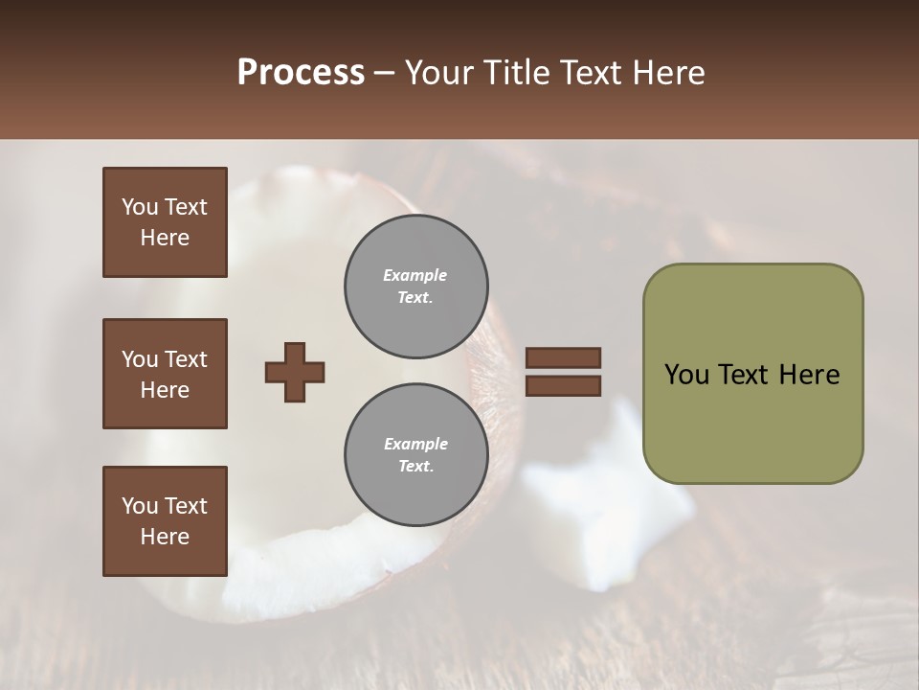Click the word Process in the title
tap(301, 73)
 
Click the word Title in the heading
tap(518, 73)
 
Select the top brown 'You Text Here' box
tap(165, 222)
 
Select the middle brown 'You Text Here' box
tap(165, 374)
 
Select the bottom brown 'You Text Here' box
tap(165, 521)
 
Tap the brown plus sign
tap(295, 372)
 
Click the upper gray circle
tap(415, 286)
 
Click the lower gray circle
tap(415, 454)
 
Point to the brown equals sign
tap(563, 372)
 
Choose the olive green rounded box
tap(752, 374)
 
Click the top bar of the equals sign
tap(563, 358)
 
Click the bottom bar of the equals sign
tap(563, 385)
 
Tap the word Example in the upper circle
tap(415, 275)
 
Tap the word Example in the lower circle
tap(415, 444)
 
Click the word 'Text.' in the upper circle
tap(415, 298)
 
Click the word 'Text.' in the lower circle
tap(415, 467)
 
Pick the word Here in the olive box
tap(808, 375)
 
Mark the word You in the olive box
tap(686, 375)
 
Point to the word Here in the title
tap(669, 73)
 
